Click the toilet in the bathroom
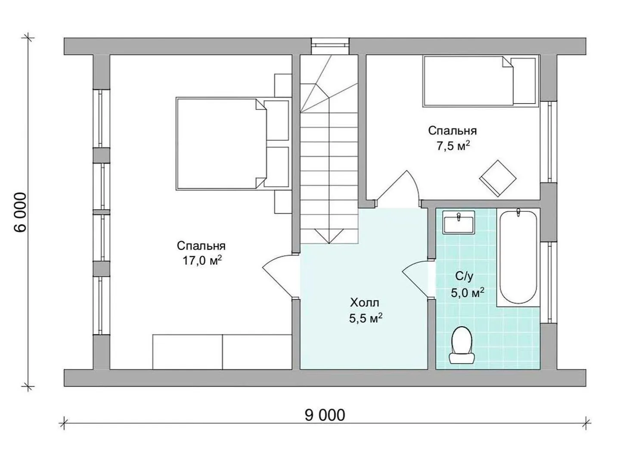coord(462,345)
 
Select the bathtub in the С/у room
coord(518,257)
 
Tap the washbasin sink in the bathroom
coord(459,222)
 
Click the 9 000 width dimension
coord(325,415)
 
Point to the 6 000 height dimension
coord(20,212)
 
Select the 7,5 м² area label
coord(453,146)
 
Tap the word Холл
coord(365,303)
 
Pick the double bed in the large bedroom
coord(233,144)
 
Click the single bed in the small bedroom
coord(480,81)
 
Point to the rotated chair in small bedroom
coord(498,178)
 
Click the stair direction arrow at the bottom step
coord(329,236)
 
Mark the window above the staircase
coord(330,46)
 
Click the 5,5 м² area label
coord(366,319)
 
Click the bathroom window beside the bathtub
coord(549,282)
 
